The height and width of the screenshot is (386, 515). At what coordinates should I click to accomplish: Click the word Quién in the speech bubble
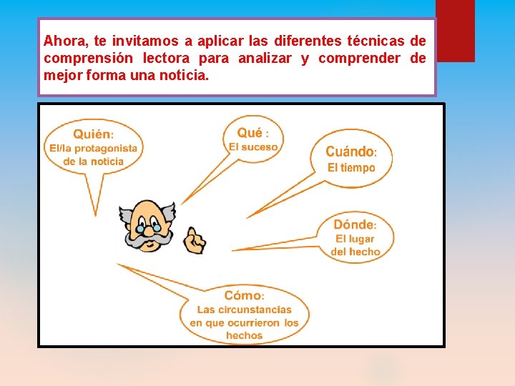coord(92,134)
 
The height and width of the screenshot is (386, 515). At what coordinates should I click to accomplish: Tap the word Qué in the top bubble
coord(250,132)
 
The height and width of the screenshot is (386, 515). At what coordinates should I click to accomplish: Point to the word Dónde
coord(353,224)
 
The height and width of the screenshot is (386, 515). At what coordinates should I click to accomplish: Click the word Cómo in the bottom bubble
coord(242,295)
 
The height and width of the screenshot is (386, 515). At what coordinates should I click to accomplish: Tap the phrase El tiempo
coord(351,168)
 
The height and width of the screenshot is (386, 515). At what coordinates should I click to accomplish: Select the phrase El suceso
coord(253,147)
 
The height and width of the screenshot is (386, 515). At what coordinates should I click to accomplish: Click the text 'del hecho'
coord(355,252)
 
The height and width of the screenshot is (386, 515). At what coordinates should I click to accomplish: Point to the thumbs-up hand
coord(195,240)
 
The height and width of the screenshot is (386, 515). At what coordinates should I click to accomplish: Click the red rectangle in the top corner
coord(455,31)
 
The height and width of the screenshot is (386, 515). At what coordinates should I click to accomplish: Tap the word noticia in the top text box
coord(185,75)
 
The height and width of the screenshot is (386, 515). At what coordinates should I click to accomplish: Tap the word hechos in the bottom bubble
coord(244,335)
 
